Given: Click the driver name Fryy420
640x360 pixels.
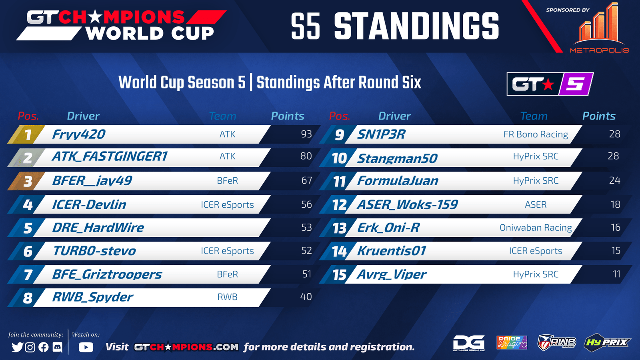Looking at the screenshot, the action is (78, 134).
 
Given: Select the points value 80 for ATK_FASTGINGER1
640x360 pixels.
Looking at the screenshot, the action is (306, 156).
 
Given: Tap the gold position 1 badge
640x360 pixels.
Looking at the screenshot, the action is (26, 134).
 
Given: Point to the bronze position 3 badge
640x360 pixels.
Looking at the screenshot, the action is (26, 181).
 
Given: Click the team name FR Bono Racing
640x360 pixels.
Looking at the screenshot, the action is (536, 134).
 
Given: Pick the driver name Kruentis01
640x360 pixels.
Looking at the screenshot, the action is (392, 251).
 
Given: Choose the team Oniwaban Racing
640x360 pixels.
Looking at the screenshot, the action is (536, 228).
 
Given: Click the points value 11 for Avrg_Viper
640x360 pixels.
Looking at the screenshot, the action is (616, 274).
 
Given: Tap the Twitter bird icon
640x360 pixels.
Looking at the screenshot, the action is (17, 347).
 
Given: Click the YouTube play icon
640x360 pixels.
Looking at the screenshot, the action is (86, 347).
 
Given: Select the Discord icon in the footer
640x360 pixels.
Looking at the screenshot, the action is (58, 347).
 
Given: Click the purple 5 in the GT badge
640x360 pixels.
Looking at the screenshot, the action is (576, 84).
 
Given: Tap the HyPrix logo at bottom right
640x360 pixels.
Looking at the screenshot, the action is (607, 342).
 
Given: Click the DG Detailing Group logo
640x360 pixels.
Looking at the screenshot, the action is (469, 343).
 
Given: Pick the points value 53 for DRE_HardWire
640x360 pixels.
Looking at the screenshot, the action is (306, 228).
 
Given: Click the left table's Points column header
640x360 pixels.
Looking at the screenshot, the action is (288, 116).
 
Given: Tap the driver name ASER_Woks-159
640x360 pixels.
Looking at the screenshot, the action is (407, 204).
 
